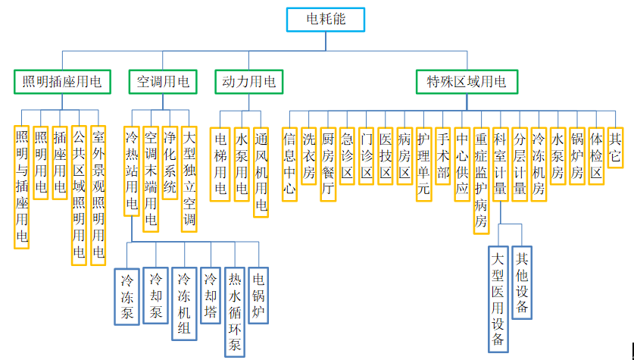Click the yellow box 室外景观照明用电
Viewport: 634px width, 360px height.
coord(98,196)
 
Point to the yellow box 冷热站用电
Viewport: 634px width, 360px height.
coord(132,171)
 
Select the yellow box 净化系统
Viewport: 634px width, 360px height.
coord(170,164)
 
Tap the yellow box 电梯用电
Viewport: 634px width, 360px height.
coord(221,164)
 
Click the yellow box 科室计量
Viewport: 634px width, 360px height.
coord(500,164)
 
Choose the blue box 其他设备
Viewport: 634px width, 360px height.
coord(522,281)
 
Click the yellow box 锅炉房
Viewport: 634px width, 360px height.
coord(577,155)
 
